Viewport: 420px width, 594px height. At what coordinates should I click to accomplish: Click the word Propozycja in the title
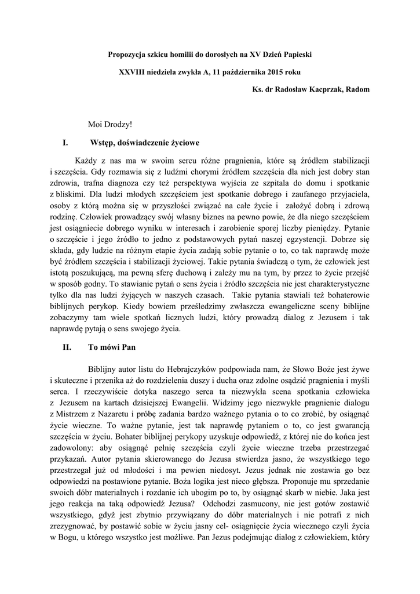pos(129,54)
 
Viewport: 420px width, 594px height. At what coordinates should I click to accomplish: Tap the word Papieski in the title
pos(296,54)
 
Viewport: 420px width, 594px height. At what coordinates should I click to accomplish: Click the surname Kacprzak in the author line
pos(320,89)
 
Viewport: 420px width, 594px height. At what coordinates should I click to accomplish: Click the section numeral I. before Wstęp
pos(65,142)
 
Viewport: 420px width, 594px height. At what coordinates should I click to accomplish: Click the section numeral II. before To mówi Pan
pos(67,347)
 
